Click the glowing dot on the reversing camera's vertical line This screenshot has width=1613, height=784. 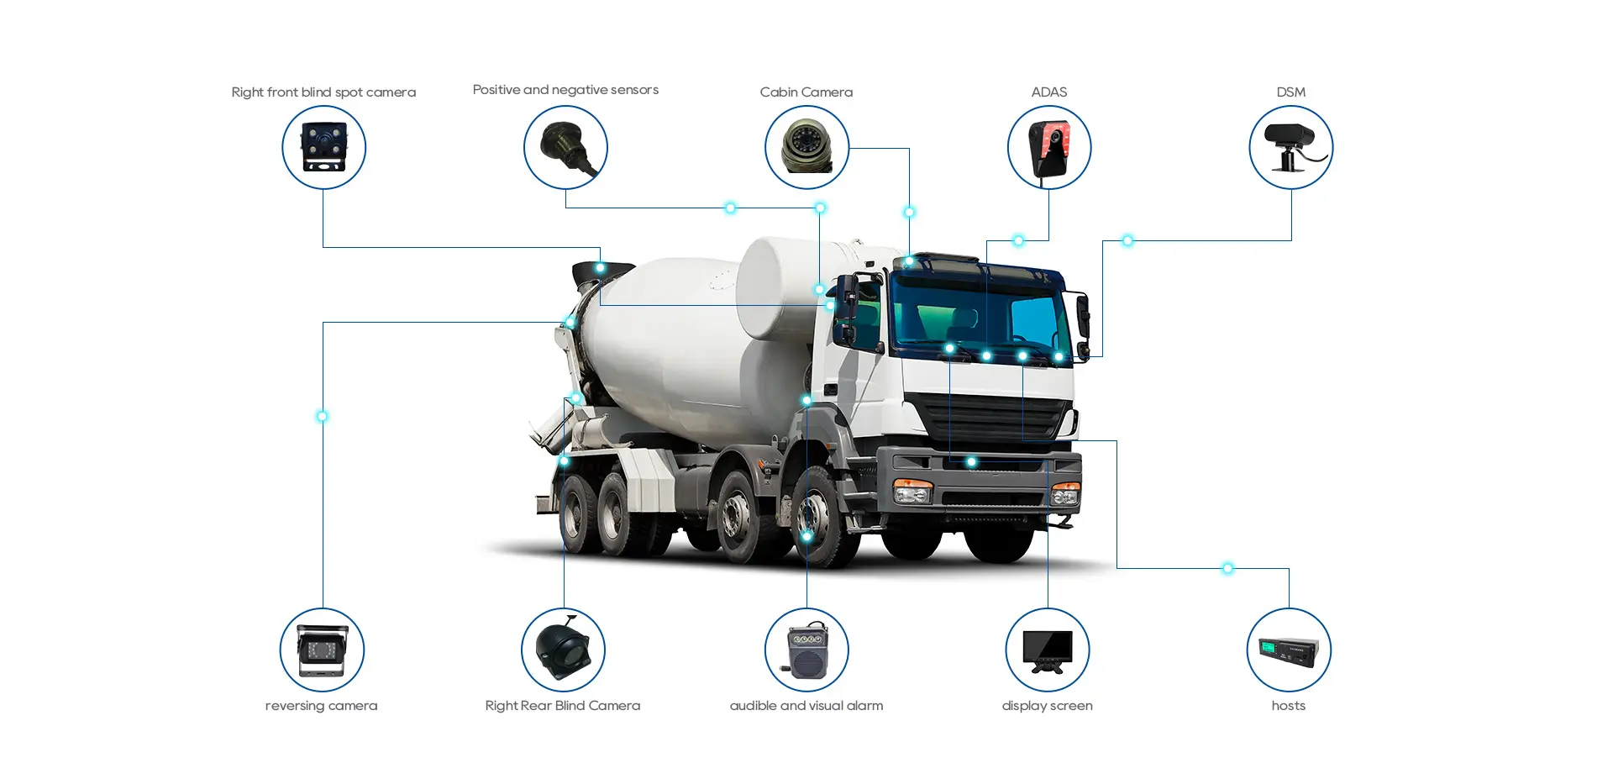tap(322, 416)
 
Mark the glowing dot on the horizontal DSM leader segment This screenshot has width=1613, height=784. tap(1127, 241)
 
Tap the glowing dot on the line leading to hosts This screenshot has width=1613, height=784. tap(1227, 569)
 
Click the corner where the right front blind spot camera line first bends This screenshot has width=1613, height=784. tap(323, 247)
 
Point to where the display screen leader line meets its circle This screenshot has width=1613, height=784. tap(1048, 608)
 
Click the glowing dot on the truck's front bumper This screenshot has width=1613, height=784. tap(971, 462)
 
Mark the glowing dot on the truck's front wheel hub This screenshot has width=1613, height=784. tap(806, 536)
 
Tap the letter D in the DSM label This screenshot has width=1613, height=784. tap(1281, 92)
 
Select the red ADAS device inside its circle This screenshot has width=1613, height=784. tap(1050, 149)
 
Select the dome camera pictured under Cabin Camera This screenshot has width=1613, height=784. tap(806, 146)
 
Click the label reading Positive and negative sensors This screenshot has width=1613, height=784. tap(565, 90)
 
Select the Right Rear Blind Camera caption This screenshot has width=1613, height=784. tap(563, 706)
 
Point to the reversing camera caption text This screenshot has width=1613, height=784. tap(321, 706)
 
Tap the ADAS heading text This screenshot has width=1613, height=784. tap(1049, 92)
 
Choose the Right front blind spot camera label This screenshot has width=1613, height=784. tap(323, 92)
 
